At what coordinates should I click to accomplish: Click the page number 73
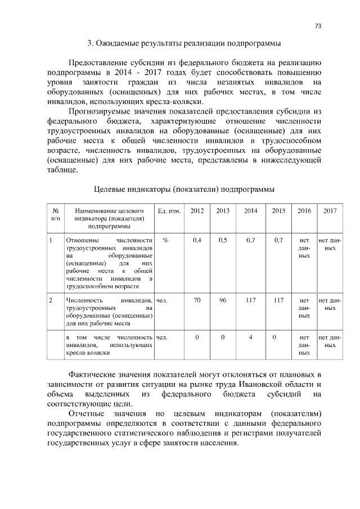tap(318, 26)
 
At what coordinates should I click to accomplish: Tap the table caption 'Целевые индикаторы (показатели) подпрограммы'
tap(183, 189)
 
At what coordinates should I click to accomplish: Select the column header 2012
tap(197, 210)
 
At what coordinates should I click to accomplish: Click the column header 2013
tap(223, 210)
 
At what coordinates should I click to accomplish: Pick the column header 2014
tap(251, 210)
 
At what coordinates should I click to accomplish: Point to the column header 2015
tap(278, 210)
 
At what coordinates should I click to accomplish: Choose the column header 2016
tap(304, 210)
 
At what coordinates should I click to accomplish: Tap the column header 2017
tap(330, 210)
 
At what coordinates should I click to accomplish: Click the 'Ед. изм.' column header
tap(169, 210)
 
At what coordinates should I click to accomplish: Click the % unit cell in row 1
tap(165, 240)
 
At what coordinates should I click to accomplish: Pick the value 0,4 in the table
tap(197, 240)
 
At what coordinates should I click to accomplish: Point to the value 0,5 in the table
tap(223, 240)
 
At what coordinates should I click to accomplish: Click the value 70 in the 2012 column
tap(197, 300)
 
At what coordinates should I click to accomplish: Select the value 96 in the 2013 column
tap(223, 300)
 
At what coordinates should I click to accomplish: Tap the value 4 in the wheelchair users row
tap(251, 337)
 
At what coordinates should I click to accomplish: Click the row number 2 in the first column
tap(51, 300)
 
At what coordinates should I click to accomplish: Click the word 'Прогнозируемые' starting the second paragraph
tap(99, 111)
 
